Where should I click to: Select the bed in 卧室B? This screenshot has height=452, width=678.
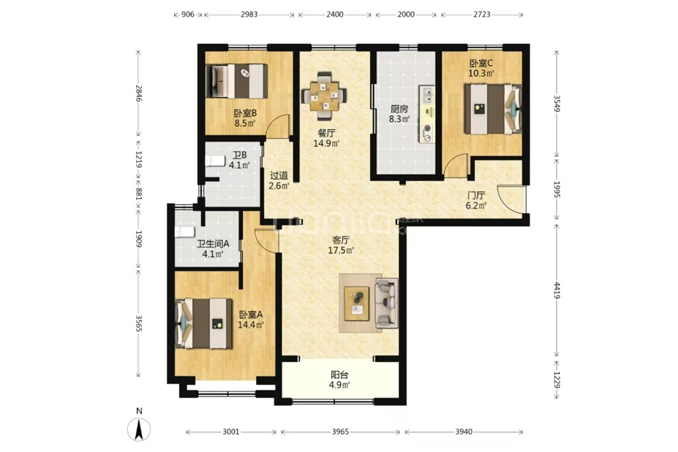(x=236, y=81)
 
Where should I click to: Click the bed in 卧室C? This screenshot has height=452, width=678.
(x=493, y=110)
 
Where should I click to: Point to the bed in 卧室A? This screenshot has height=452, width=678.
(x=203, y=323)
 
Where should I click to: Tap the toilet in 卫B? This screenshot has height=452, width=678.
(x=215, y=161)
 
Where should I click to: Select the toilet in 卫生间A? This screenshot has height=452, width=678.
(x=185, y=231)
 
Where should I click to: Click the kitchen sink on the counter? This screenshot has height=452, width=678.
(x=427, y=94)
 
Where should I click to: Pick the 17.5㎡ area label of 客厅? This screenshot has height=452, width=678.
(x=341, y=250)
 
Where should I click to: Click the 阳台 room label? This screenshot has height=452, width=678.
(x=339, y=375)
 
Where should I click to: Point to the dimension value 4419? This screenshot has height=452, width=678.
(x=557, y=290)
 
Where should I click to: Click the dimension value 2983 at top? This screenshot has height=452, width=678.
(x=249, y=15)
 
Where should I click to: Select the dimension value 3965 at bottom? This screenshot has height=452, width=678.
(x=340, y=432)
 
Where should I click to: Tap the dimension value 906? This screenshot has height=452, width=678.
(x=188, y=15)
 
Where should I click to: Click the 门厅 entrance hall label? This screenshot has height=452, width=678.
(x=475, y=196)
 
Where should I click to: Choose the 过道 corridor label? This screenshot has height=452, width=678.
(x=279, y=176)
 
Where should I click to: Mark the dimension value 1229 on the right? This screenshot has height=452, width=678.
(x=557, y=380)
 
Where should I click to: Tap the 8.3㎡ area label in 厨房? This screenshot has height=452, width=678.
(x=399, y=119)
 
